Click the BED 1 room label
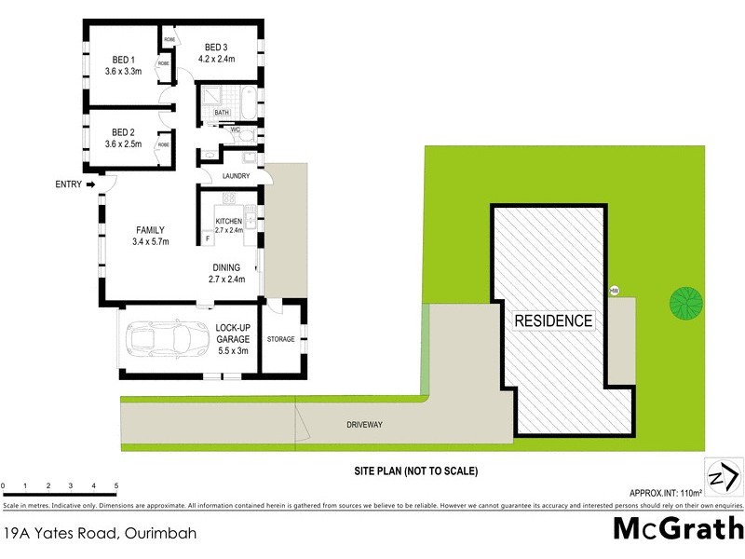pos(122,61)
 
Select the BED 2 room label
pos(122,132)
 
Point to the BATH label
pos(222,113)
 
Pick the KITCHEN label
pos(229,221)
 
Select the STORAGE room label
pos(280,339)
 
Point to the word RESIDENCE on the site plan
pos(554,320)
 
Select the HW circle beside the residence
pos(615,291)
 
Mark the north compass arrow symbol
pos(724,478)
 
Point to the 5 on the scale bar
pos(116,486)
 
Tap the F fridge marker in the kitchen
pos(207,239)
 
